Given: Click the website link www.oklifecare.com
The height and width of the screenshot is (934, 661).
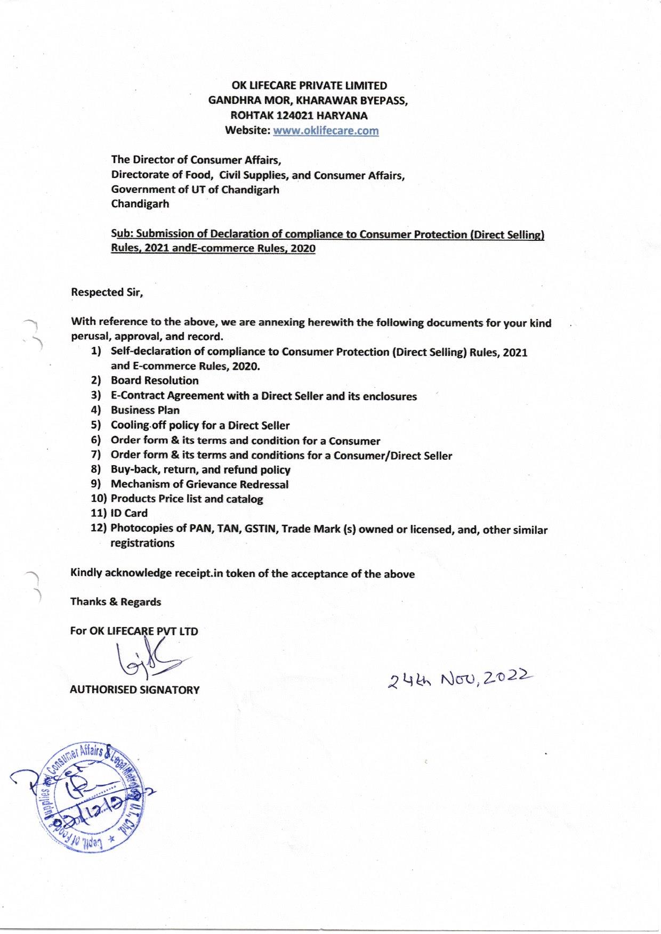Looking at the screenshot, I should (x=326, y=131).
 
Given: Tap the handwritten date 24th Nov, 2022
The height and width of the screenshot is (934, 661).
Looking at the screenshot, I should (x=460, y=678).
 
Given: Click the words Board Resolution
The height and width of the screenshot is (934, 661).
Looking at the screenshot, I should (x=155, y=380).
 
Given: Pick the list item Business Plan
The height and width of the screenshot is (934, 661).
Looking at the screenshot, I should (x=145, y=410).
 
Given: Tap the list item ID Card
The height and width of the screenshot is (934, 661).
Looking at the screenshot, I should (x=129, y=513).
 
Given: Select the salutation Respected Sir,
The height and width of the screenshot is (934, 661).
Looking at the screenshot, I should (x=107, y=292).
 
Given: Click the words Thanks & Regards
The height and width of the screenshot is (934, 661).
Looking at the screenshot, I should (x=116, y=602).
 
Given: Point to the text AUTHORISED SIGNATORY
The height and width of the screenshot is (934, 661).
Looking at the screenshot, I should (x=135, y=689).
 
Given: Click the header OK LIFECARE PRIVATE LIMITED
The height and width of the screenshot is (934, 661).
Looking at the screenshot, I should (x=309, y=85).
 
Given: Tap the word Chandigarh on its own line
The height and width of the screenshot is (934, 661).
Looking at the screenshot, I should (x=140, y=204).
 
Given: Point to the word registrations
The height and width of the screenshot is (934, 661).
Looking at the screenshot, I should (x=142, y=543).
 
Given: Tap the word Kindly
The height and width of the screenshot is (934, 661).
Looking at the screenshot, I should (x=86, y=573).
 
